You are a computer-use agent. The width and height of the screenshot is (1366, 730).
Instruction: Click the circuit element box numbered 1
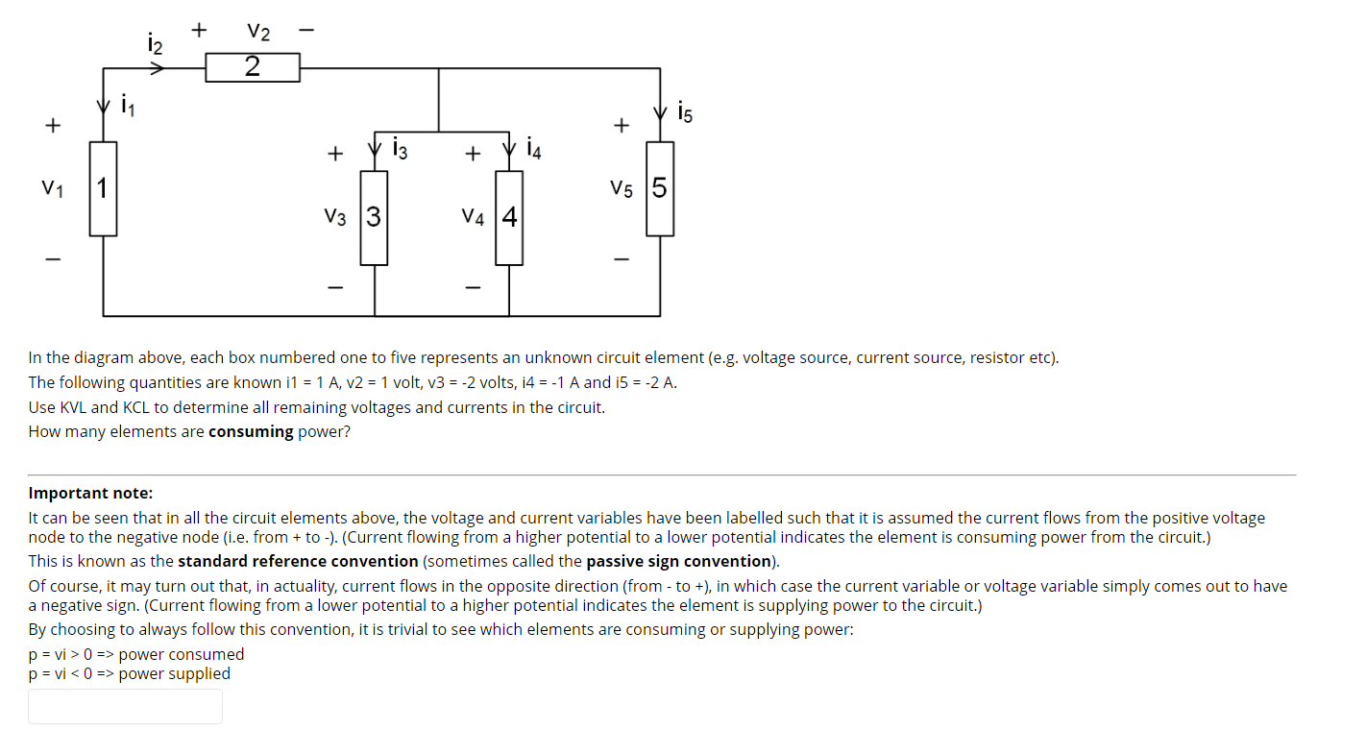tap(103, 188)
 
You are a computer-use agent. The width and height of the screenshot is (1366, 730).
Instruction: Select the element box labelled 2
tap(253, 67)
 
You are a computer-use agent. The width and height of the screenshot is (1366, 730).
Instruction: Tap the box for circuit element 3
tap(374, 217)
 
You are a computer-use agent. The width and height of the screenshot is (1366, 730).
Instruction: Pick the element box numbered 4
tap(509, 217)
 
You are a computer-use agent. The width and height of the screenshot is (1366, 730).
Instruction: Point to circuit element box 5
tap(660, 187)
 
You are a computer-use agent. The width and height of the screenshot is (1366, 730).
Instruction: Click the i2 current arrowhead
tap(159, 68)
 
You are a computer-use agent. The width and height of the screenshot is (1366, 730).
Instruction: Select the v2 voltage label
tap(257, 32)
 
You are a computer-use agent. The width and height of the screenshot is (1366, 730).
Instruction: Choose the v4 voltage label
tap(474, 218)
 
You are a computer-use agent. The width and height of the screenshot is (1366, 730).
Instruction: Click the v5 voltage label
tap(622, 188)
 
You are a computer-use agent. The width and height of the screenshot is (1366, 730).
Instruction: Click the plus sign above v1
tap(53, 126)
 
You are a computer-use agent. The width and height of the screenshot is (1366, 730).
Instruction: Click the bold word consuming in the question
tap(251, 431)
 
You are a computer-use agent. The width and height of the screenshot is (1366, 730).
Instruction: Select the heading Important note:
tap(90, 493)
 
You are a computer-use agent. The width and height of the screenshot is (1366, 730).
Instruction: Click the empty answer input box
tap(125, 706)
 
